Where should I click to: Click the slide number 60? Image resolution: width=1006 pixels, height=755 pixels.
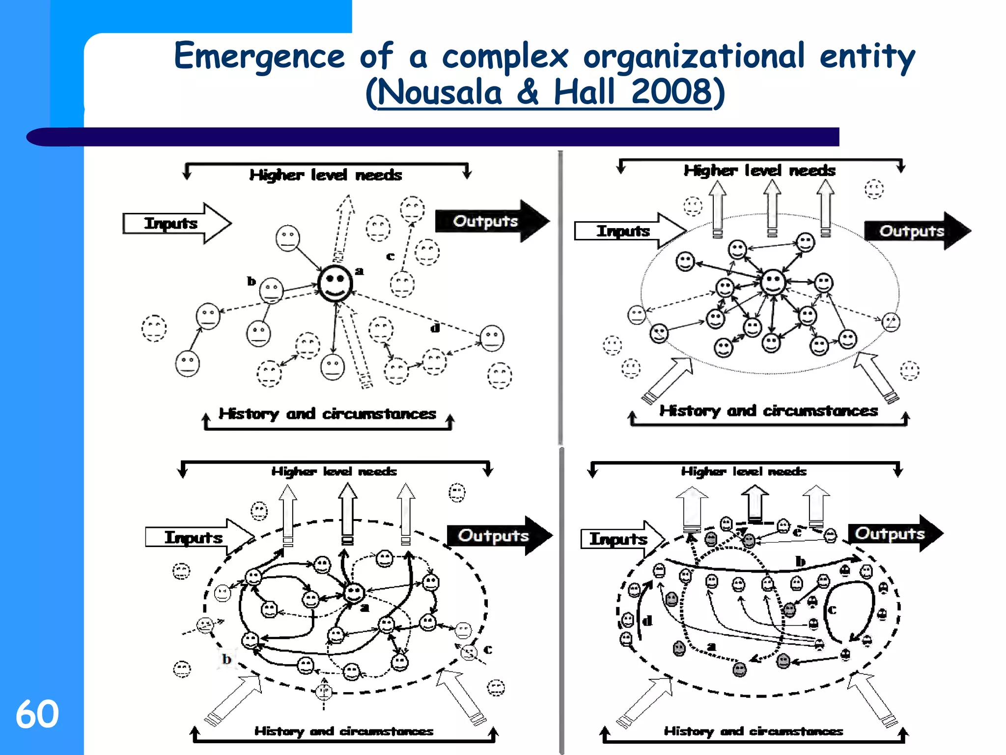click(37, 714)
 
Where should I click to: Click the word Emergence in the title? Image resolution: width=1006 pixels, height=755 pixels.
click(259, 57)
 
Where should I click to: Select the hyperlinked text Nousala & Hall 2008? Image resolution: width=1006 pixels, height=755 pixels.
click(544, 93)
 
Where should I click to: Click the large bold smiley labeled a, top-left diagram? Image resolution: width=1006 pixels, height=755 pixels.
click(335, 284)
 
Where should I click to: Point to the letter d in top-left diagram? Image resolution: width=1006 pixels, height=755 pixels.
click(435, 328)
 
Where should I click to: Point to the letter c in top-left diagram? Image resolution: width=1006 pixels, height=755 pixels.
click(390, 256)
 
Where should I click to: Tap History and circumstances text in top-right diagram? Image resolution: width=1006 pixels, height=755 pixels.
click(768, 411)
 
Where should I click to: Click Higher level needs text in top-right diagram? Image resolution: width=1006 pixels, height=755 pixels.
click(759, 171)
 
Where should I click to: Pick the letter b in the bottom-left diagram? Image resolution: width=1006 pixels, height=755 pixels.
click(226, 659)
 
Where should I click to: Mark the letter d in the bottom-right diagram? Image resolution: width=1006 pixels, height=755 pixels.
click(647, 621)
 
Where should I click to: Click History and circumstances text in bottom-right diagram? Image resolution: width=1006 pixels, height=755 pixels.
click(753, 731)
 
